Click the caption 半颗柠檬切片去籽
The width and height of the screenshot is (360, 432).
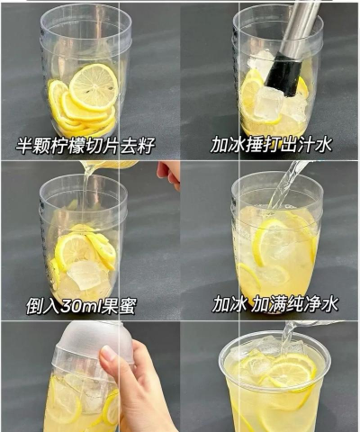85,145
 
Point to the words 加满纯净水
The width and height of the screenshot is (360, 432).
289,304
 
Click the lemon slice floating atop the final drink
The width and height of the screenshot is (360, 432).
292,370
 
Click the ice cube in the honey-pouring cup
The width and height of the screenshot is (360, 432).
86,273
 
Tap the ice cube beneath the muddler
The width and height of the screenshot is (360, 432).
268,102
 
